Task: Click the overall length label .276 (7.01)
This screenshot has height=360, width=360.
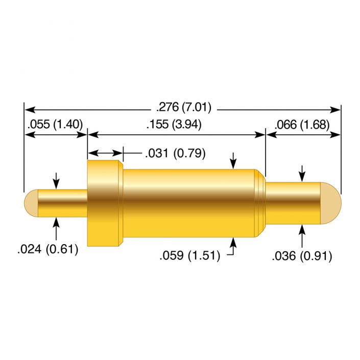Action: point(183,108)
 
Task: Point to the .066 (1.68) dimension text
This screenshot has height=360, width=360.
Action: point(301,124)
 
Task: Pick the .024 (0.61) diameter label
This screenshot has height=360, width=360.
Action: point(47,250)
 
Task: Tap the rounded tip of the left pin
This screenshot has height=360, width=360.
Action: point(30,203)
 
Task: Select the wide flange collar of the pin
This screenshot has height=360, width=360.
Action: point(105,203)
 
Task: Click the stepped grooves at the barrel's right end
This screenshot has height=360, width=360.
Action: point(260,203)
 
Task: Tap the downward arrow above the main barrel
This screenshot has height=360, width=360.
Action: point(233,160)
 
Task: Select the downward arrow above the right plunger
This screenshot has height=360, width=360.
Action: point(302,173)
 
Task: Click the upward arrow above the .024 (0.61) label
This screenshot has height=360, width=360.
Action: point(56,227)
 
